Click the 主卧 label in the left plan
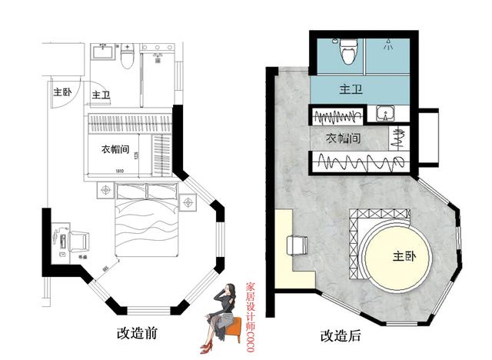point(62,92)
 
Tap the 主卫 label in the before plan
point(101,95)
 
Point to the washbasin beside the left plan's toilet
point(101,52)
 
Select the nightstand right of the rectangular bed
point(188,203)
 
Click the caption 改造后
point(340,336)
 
